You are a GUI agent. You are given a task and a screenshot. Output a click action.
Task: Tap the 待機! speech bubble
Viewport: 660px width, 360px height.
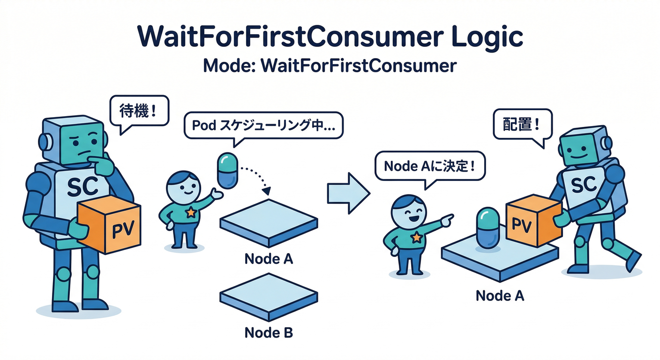(138, 111)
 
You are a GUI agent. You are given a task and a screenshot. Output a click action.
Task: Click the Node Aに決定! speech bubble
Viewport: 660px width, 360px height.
(428, 167)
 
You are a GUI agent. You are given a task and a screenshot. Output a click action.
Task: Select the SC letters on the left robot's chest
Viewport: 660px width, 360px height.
(82, 187)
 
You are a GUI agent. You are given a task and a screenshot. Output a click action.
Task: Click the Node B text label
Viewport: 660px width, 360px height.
(269, 333)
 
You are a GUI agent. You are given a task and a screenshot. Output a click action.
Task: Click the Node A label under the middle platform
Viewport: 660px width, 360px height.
(269, 259)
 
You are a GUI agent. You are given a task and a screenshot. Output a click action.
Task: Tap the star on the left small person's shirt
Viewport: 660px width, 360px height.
(190, 212)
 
